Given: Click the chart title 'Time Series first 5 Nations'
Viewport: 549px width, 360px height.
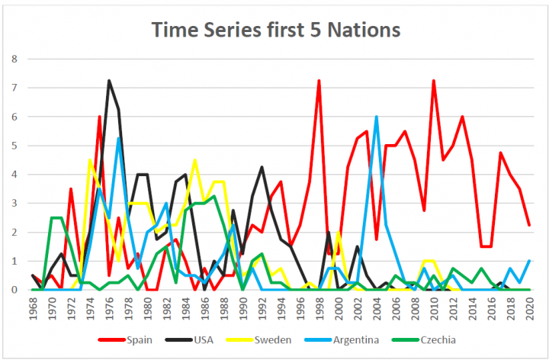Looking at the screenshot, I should (x=275, y=30).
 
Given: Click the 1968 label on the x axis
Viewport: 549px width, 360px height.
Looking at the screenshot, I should (x=33, y=308).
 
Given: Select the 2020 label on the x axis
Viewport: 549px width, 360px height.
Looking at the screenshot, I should (x=530, y=308).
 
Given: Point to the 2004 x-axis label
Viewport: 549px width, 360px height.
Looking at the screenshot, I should (x=377, y=308).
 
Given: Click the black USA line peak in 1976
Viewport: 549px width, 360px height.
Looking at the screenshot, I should (x=109, y=80).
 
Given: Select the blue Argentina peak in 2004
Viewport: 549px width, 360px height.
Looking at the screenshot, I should (x=377, y=117).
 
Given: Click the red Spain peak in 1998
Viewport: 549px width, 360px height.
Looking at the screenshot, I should (x=319, y=80).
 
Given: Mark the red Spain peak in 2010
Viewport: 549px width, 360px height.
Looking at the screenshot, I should (x=434, y=80).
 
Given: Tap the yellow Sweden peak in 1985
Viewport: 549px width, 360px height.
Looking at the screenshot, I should (x=195, y=159).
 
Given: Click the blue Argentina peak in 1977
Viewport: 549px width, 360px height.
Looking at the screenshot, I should (x=119, y=138).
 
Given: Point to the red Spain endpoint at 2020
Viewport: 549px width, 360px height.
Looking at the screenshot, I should (x=530, y=225).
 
